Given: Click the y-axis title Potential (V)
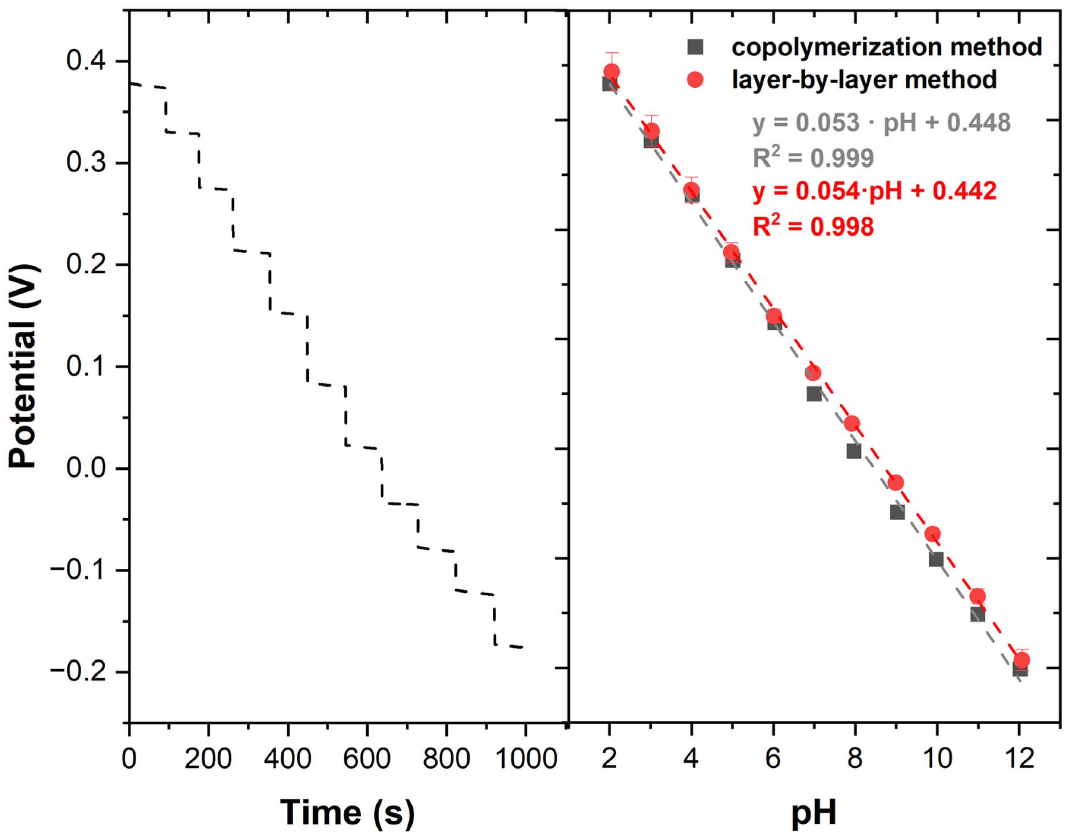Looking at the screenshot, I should click(x=24, y=367).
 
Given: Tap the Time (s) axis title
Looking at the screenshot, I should click(x=347, y=812).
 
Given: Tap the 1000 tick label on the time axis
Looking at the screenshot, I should click(x=525, y=758).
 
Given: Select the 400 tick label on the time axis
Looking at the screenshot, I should click(x=288, y=758).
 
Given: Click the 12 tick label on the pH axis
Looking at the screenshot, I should click(x=1019, y=758).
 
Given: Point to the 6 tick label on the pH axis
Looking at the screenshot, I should click(x=773, y=758).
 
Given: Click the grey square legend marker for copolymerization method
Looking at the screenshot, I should click(x=695, y=47).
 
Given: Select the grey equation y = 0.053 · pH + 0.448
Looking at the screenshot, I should click(x=881, y=123).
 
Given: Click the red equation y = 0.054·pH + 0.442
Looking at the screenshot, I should click(x=874, y=191).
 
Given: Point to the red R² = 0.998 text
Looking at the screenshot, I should click(x=813, y=227).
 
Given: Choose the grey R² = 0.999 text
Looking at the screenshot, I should click(x=813, y=158).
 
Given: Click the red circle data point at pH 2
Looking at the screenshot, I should click(x=612, y=72).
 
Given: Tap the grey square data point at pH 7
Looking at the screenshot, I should click(x=814, y=394).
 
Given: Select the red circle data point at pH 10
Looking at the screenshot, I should click(x=933, y=534).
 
